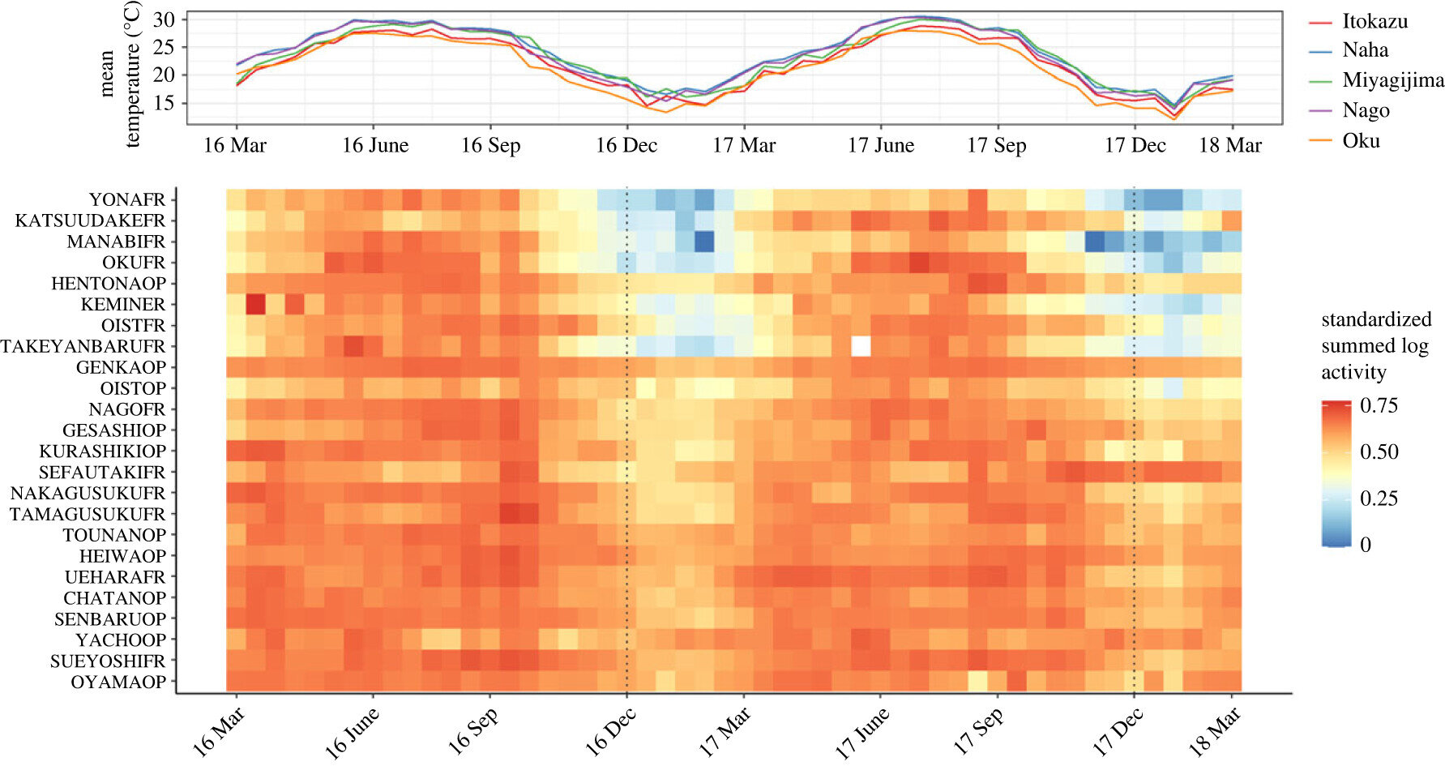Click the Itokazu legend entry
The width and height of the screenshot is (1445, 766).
pyautogui.click(x=1374, y=22)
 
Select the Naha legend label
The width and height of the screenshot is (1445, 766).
pyautogui.click(x=1365, y=50)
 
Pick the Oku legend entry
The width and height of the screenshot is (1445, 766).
pyautogui.click(x=1361, y=141)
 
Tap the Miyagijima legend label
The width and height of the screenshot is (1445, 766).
pyautogui.click(x=1392, y=80)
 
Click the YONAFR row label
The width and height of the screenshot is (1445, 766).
pyautogui.click(x=126, y=199)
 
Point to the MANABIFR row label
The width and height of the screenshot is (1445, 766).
pyautogui.click(x=116, y=242)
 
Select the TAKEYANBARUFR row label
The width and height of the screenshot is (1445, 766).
pyautogui.click(x=83, y=346)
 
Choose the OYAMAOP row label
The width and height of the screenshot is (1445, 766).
pyautogui.click(x=118, y=682)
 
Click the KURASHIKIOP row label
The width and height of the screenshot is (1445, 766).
pyautogui.click(x=102, y=451)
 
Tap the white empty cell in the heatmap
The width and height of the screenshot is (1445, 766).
pyautogui.click(x=861, y=346)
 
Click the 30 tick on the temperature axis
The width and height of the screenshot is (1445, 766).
pyautogui.click(x=164, y=19)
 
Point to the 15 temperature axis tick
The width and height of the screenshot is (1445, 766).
pyautogui.click(x=164, y=103)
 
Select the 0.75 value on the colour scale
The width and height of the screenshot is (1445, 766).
pyautogui.click(x=1379, y=405)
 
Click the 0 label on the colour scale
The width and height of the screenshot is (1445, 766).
pyautogui.click(x=1366, y=545)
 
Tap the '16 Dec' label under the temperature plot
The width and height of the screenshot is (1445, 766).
pyautogui.click(x=626, y=146)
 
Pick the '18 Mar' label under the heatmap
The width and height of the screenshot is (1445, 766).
pyautogui.click(x=1213, y=732)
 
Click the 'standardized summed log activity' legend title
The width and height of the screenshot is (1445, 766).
pyautogui.click(x=1376, y=346)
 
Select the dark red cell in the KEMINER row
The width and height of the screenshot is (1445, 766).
pyautogui.click(x=255, y=304)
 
